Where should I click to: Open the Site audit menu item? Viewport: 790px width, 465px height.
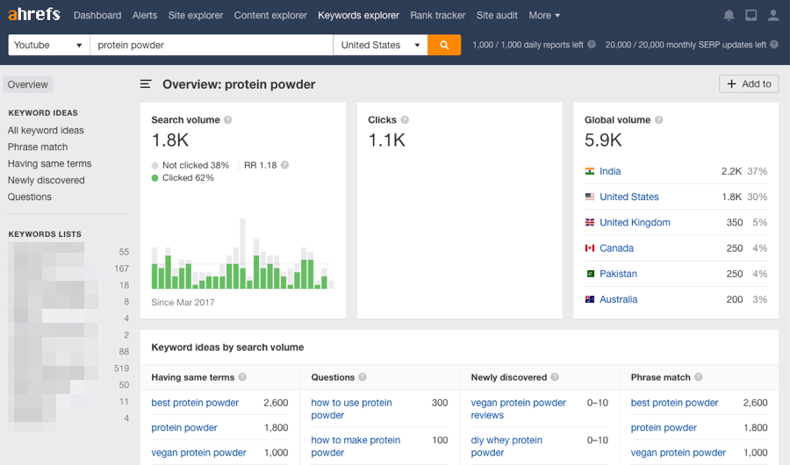coord(497,15)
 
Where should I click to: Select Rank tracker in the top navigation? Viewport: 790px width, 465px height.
coord(438,15)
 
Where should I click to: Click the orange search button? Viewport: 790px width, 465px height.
coord(444,45)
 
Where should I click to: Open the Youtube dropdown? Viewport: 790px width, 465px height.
coord(48,45)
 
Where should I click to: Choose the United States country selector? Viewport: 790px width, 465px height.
coord(380,45)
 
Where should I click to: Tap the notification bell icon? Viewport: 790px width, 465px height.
coord(729,15)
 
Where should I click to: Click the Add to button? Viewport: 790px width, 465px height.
coord(749,83)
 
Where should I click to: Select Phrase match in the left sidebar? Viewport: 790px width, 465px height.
coord(38,147)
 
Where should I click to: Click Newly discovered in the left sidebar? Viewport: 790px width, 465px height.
coord(47,180)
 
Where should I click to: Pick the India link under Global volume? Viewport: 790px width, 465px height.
coord(610,171)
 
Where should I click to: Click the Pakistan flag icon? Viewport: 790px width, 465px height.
coord(590,274)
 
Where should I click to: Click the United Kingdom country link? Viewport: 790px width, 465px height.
coord(635,223)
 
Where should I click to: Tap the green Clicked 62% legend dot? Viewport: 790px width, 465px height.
coord(155,177)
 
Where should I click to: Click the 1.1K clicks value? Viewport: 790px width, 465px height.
coord(386,139)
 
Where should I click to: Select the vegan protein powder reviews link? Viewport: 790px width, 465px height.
coord(518,409)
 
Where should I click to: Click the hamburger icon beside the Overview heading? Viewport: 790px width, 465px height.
coord(147,84)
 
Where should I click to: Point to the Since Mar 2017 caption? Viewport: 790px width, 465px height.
coord(183,303)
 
